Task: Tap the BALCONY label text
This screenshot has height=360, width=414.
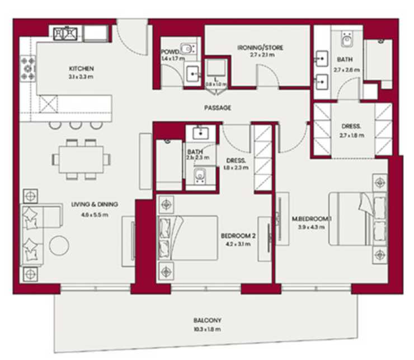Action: [207, 321]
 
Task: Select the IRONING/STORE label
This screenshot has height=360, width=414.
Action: [260, 48]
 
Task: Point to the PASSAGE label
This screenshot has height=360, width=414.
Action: [217, 108]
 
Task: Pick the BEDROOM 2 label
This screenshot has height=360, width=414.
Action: [238, 236]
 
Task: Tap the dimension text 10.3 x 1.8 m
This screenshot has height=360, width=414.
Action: [207, 329]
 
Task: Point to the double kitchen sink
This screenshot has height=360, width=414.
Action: [66, 34]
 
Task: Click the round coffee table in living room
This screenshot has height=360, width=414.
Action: [59, 244]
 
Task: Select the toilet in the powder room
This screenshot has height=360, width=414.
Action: [187, 49]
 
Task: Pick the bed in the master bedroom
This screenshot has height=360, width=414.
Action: [356, 219]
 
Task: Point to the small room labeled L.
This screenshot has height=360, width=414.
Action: [216, 76]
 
